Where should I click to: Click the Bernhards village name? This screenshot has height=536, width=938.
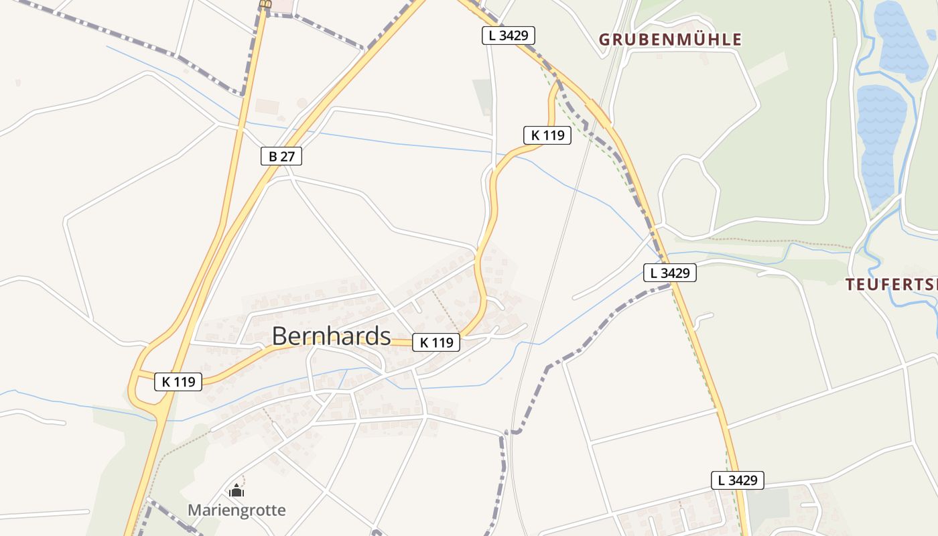(x=331, y=336)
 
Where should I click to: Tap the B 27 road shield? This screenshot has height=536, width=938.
(x=281, y=157)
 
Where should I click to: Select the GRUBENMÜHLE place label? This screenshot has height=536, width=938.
(x=670, y=40)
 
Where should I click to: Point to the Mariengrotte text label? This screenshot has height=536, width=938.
(x=237, y=511)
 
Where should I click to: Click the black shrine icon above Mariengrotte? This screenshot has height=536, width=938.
(x=236, y=491)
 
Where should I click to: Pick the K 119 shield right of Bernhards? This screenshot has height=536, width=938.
(x=435, y=342)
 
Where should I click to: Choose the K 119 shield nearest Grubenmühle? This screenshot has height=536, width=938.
(x=547, y=135)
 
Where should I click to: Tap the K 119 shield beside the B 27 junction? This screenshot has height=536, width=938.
(x=178, y=382)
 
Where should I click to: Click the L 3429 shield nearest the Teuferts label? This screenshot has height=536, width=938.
(x=670, y=273)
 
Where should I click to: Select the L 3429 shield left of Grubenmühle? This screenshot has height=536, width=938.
(x=509, y=36)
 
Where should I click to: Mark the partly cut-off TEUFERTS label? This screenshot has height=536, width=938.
(x=891, y=284)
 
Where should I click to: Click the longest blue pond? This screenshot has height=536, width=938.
(x=880, y=144)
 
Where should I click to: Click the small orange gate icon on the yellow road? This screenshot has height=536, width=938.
(x=266, y=5)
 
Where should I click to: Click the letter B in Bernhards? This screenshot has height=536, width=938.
(x=279, y=336)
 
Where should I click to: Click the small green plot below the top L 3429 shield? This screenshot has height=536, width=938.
(x=482, y=94)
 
